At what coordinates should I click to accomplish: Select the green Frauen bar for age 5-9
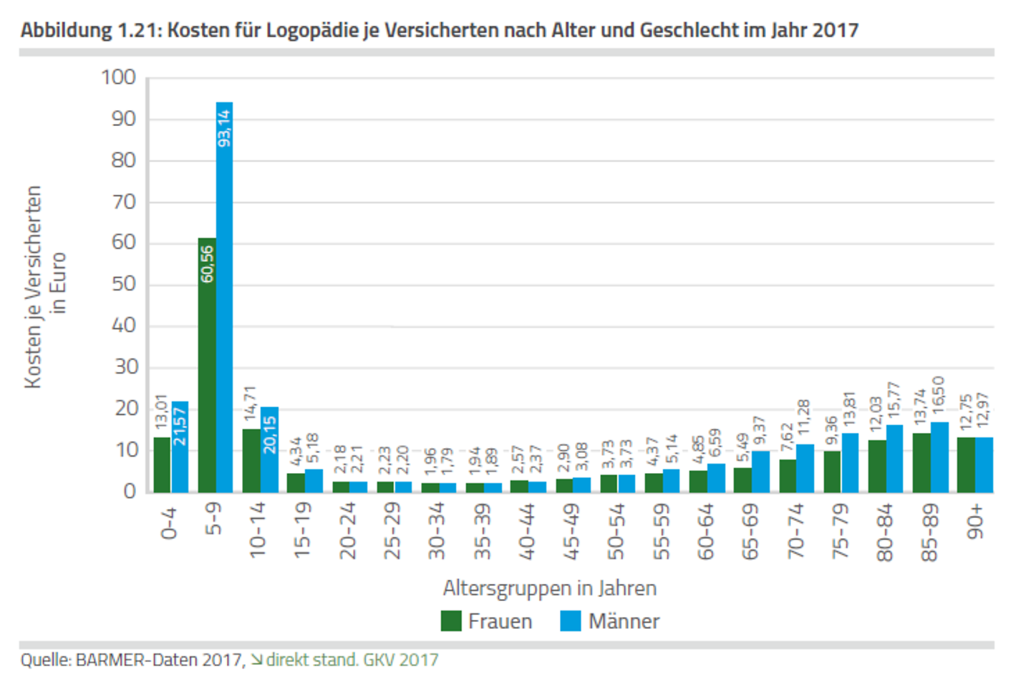(x=207, y=372)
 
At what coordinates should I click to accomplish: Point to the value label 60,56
(x=207, y=264)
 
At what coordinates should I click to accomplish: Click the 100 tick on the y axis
(x=119, y=77)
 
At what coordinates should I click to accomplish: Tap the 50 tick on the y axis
(x=123, y=284)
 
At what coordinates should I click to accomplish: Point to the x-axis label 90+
(x=975, y=522)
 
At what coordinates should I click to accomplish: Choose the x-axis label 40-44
(x=527, y=530)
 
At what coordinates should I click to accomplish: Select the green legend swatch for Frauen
(x=451, y=621)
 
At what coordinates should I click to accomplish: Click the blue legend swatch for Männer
(x=571, y=621)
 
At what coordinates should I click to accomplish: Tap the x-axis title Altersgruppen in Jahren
(x=549, y=588)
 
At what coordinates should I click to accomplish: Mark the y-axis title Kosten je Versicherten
(x=33, y=286)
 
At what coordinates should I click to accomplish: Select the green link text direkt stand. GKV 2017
(x=352, y=660)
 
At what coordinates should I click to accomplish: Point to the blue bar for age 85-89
(x=939, y=458)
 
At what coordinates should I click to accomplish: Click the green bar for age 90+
(x=966, y=465)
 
